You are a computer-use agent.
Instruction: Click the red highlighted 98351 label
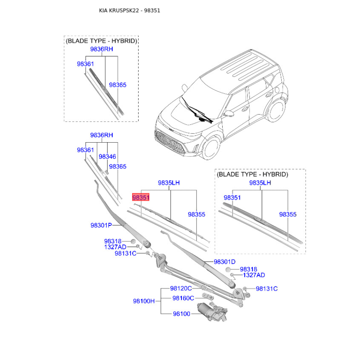pos(141,198)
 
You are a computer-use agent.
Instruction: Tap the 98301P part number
pos(101,225)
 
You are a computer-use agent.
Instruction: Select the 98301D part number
pos(225,262)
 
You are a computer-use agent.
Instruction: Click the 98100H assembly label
pos(144,301)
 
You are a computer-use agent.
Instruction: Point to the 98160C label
pos(183,298)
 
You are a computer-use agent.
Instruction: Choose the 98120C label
pos(181,288)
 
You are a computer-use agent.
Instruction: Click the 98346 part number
pos(107,157)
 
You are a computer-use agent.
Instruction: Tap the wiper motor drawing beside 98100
pos(212,311)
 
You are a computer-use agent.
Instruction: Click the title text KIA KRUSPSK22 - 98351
pos(130,10)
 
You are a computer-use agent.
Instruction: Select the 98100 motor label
pos(181,314)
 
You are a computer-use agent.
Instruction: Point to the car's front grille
pos(170,142)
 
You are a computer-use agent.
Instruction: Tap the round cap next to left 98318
pos(133,241)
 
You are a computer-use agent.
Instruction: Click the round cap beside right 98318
pos(228,269)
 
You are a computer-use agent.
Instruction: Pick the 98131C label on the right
pos(266,288)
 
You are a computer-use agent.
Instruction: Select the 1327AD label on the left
pos(115,247)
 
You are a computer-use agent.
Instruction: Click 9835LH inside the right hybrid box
pos(260,183)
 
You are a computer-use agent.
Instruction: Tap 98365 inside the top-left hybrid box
pos(117,85)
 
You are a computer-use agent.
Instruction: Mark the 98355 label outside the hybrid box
pos(196,215)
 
